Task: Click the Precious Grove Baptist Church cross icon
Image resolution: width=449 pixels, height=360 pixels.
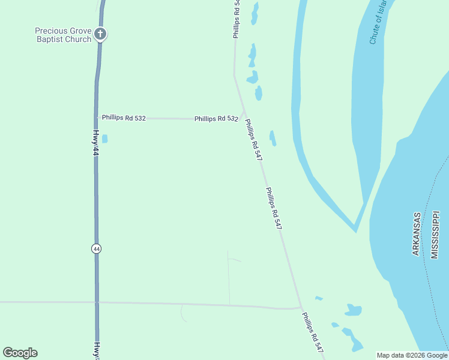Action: click(x=100, y=34)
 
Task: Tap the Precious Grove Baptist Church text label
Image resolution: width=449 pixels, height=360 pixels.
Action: click(x=63, y=35)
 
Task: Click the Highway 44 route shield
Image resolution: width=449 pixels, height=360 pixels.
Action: click(x=96, y=248)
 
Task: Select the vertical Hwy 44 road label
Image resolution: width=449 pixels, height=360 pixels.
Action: click(x=95, y=145)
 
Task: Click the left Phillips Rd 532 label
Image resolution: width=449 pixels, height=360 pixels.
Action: click(x=124, y=118)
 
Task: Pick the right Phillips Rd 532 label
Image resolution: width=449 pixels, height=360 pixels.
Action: click(x=216, y=119)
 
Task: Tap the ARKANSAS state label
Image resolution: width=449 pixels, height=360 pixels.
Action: click(x=417, y=234)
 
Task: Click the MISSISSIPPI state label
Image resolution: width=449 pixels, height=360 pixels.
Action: click(x=435, y=234)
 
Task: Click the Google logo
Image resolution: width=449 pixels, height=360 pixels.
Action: click(x=20, y=353)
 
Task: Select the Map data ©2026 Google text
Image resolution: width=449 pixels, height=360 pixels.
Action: click(x=412, y=355)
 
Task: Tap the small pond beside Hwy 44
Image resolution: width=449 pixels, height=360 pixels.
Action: click(x=104, y=139)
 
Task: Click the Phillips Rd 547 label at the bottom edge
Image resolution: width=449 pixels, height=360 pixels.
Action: click(x=313, y=332)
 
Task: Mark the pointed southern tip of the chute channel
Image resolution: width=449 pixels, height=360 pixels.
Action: click(x=355, y=231)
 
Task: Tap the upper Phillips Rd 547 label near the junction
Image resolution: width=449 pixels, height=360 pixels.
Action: click(x=254, y=139)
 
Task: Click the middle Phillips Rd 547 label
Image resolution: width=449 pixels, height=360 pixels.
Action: click(x=274, y=208)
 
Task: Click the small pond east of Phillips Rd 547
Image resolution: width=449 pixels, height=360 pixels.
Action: click(x=273, y=138)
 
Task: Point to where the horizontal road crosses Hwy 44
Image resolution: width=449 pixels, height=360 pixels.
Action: click(x=97, y=302)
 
